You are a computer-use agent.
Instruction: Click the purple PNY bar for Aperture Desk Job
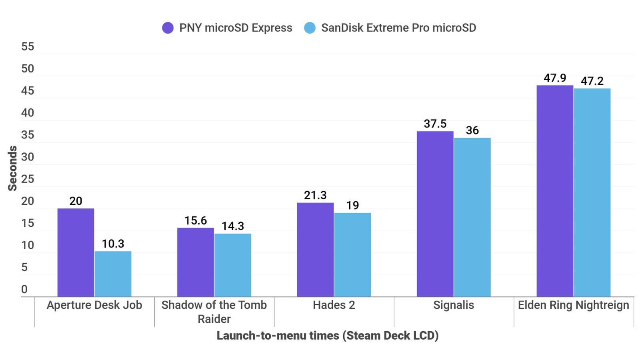coord(76,252)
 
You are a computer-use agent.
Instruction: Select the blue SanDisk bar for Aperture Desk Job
coord(113,274)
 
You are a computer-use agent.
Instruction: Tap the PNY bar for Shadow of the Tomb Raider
coord(196,262)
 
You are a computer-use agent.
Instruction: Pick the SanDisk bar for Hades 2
coord(352,255)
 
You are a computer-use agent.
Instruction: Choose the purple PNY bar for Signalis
coord(435,214)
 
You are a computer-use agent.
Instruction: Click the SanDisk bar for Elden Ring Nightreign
coord(592,192)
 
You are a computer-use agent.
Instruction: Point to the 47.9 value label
coord(555,78)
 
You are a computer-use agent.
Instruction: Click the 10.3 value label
coord(113,244)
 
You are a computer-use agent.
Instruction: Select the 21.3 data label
coord(315,195)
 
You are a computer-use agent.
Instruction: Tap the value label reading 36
coord(472,130)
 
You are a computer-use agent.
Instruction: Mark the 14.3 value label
coord(233,226)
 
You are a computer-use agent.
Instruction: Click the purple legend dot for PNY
coord(168,28)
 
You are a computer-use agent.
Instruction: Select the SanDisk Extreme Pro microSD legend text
coord(398,28)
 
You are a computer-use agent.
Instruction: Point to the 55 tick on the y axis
coord(28,47)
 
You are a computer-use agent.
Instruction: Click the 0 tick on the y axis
coord(24,289)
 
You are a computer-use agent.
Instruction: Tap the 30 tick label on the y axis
coord(28,157)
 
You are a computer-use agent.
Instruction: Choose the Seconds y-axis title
coord(13,168)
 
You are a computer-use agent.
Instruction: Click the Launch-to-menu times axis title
coord(328,335)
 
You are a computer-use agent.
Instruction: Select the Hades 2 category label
coord(334,305)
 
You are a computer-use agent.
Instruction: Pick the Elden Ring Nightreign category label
coord(574,305)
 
